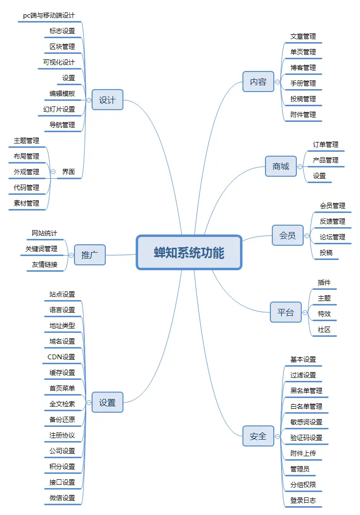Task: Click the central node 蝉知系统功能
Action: click(x=189, y=253)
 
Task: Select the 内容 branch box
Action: click(x=258, y=82)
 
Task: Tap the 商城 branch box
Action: click(x=281, y=166)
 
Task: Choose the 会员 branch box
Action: click(x=288, y=235)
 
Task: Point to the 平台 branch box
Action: click(x=286, y=312)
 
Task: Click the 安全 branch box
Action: click(x=258, y=436)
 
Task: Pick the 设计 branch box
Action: click(x=107, y=100)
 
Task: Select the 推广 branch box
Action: click(x=90, y=255)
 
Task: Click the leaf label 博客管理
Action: click(x=303, y=68)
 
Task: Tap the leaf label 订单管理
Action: click(x=326, y=144)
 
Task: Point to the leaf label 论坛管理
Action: click(x=332, y=237)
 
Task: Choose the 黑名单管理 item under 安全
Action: click(x=306, y=391)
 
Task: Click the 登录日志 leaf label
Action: click(x=303, y=500)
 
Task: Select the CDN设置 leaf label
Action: click(x=61, y=357)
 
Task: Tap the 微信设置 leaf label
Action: click(x=62, y=498)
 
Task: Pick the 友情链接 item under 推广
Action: click(x=45, y=264)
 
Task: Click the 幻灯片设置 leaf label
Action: click(x=59, y=109)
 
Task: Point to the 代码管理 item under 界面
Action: click(x=26, y=187)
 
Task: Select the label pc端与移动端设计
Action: click(x=49, y=16)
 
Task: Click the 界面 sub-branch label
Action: click(x=69, y=172)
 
